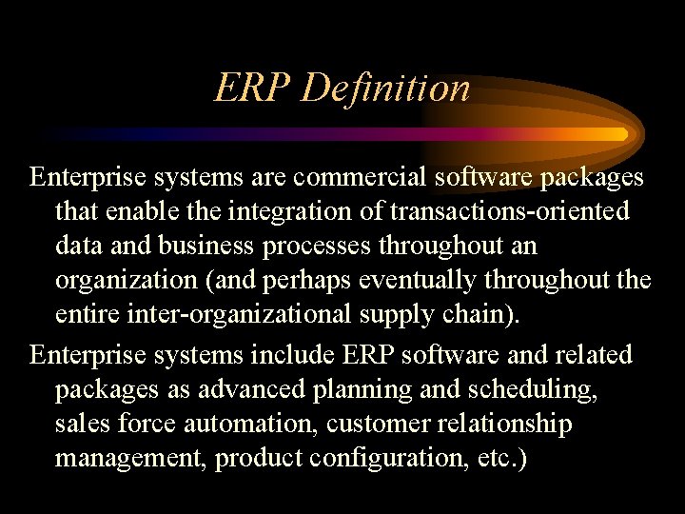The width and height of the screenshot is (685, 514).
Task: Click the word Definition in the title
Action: click(x=385, y=89)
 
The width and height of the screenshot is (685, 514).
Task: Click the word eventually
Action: click(x=403, y=282)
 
